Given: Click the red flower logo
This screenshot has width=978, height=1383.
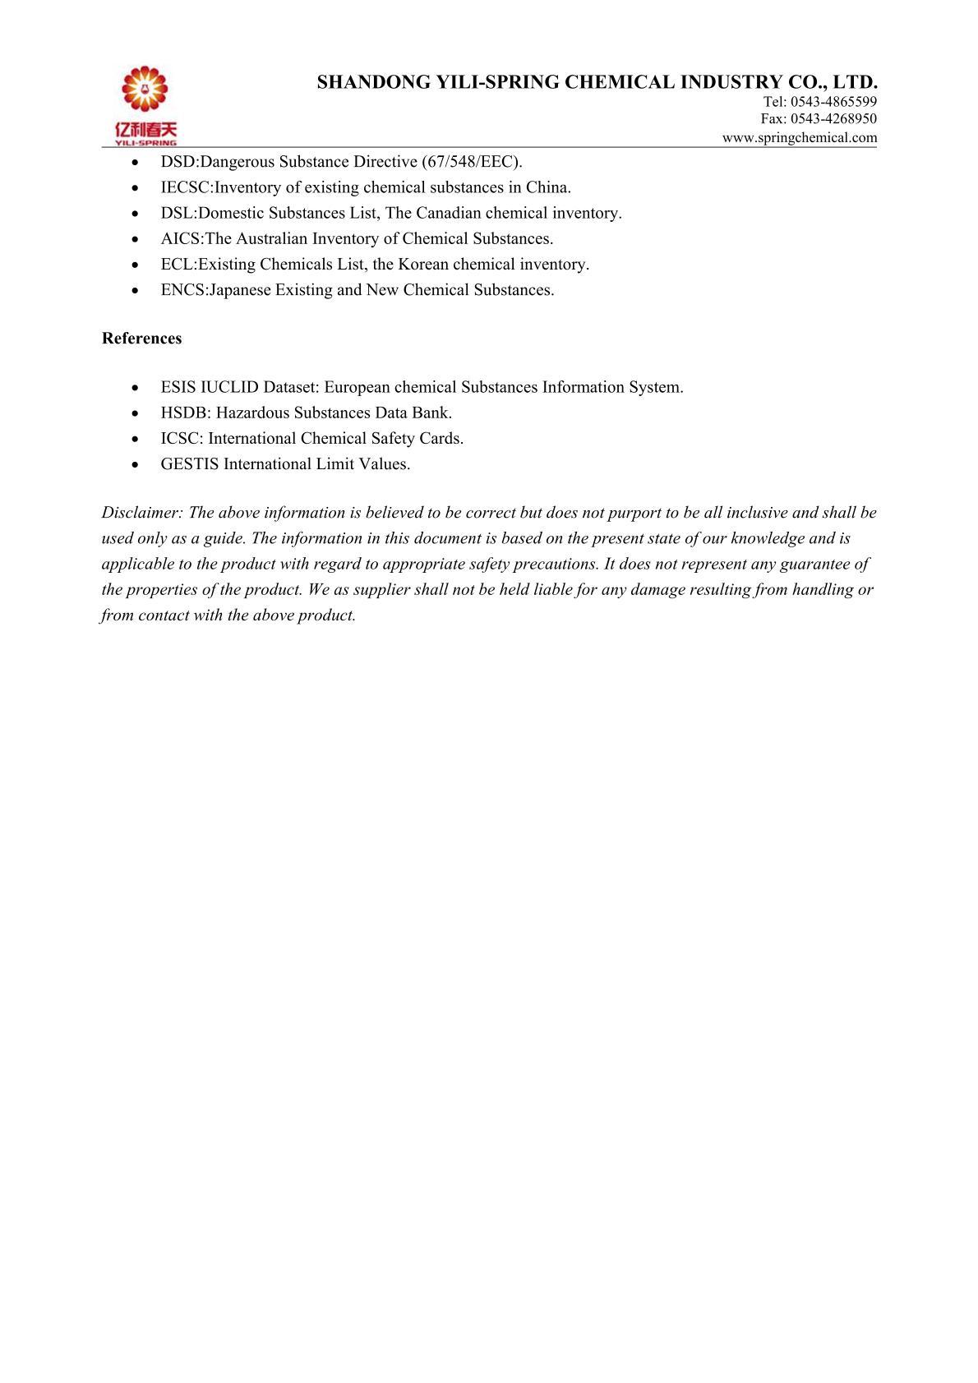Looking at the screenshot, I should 145,89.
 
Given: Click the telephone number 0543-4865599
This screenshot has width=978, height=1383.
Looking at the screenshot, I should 833,102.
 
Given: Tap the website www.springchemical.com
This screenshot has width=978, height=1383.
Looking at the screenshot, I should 800,138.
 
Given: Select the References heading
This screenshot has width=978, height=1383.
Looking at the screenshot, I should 142,339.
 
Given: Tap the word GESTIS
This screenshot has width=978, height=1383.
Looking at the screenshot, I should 190,464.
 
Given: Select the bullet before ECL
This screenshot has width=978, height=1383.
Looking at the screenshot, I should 136,265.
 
